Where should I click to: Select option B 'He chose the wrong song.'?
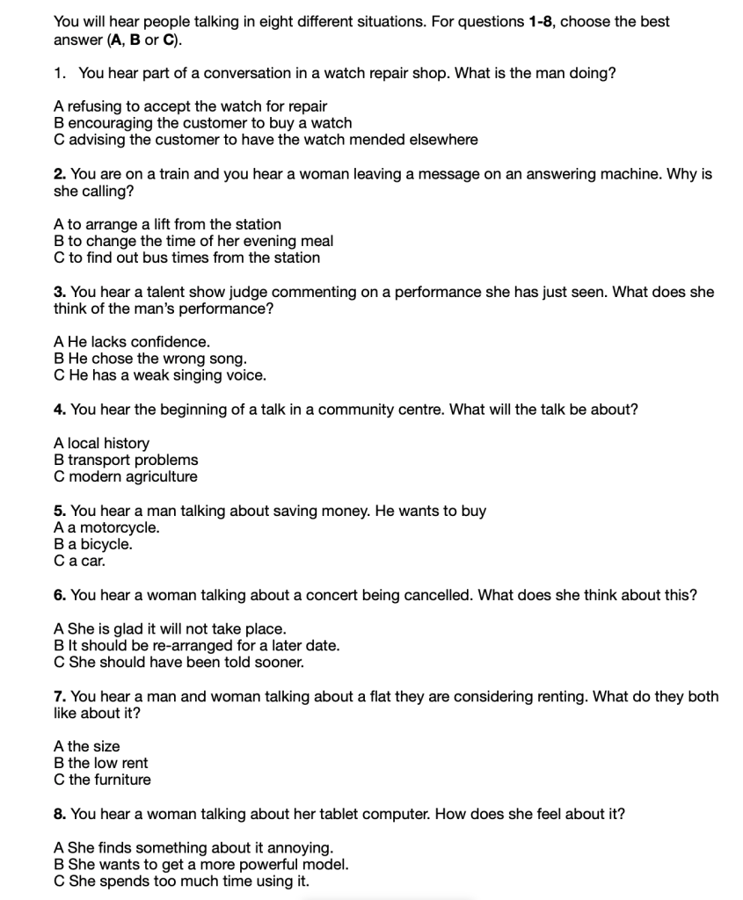click(150, 359)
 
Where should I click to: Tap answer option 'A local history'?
click(101, 443)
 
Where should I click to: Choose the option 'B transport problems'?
click(126, 460)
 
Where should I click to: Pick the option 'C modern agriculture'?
click(126, 476)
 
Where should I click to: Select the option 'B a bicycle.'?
click(93, 544)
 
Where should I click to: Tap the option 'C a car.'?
click(80, 561)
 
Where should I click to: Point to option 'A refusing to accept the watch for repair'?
click(190, 106)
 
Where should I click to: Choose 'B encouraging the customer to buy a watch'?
click(202, 123)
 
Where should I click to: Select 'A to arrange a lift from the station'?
click(167, 224)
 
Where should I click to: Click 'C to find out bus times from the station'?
click(186, 258)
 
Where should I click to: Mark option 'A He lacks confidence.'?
click(132, 342)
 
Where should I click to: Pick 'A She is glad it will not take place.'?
click(170, 628)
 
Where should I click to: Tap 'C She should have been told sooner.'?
click(178, 662)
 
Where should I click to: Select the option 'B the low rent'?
click(101, 763)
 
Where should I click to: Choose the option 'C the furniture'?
click(102, 780)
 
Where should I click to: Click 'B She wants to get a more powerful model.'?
click(200, 864)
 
